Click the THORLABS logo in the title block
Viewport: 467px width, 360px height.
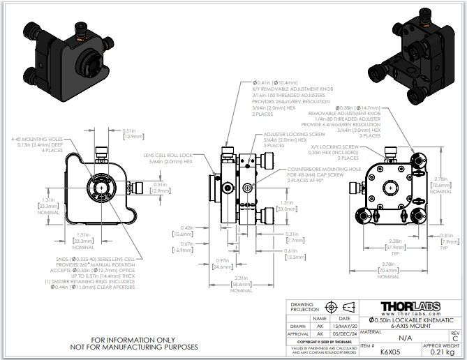(x=418, y=307)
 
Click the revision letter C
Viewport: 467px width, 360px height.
(x=455, y=339)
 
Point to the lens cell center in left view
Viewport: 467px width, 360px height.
(x=102, y=188)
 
